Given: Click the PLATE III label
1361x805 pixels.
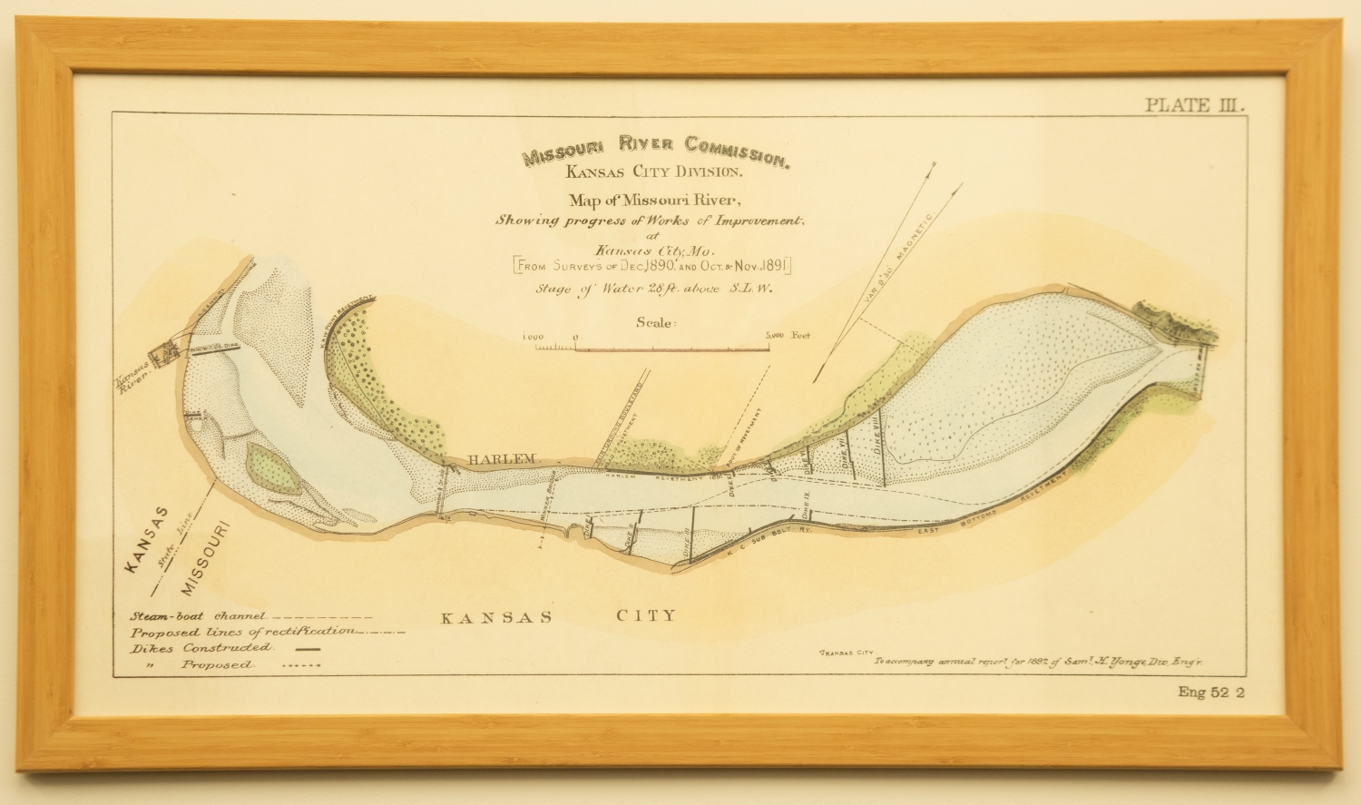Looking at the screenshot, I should click(x=1195, y=104).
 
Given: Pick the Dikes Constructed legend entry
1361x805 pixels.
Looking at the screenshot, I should click(x=201, y=648).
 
